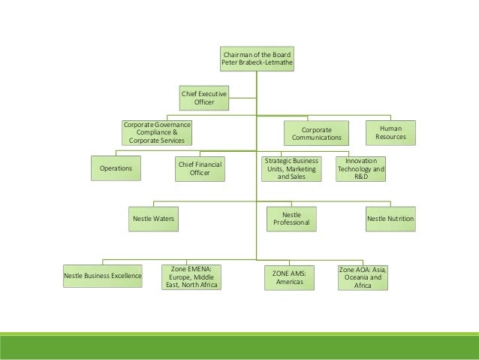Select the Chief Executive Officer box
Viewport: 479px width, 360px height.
203,97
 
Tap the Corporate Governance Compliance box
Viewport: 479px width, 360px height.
157,132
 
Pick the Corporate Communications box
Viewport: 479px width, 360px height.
316,133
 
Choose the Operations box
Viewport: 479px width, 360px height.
116,169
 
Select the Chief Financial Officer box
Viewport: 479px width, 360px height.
200,168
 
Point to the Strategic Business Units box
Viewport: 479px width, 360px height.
291,169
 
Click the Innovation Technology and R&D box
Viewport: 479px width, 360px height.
361,169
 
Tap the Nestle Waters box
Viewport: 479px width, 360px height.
153,218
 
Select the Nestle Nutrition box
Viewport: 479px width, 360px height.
390,218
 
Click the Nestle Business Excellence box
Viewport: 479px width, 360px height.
103,276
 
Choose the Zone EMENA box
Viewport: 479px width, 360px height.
191,276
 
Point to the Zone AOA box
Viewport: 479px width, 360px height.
363,277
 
